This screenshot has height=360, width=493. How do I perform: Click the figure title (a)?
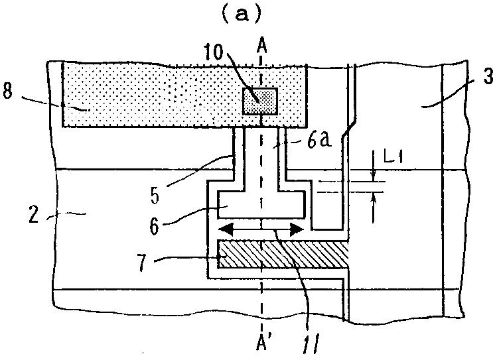(246, 14)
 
